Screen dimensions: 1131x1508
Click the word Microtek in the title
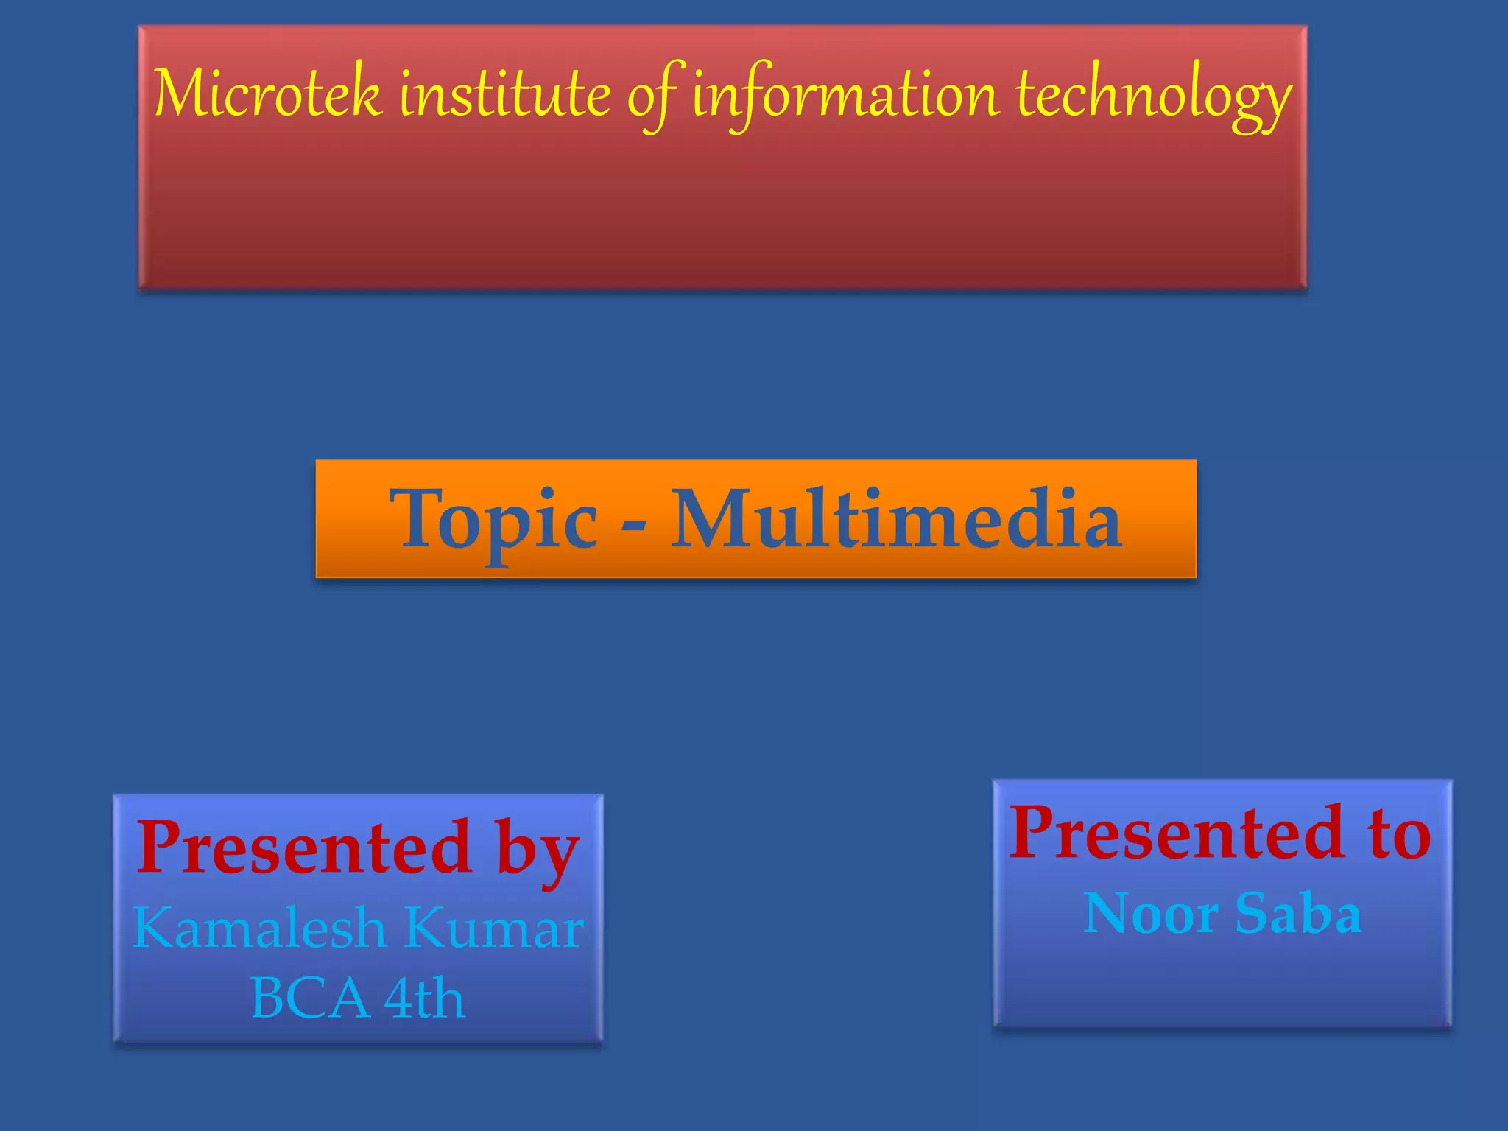(x=268, y=94)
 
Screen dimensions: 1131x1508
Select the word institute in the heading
(x=505, y=94)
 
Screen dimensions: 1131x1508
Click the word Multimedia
(x=896, y=519)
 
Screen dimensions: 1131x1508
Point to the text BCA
(x=309, y=998)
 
